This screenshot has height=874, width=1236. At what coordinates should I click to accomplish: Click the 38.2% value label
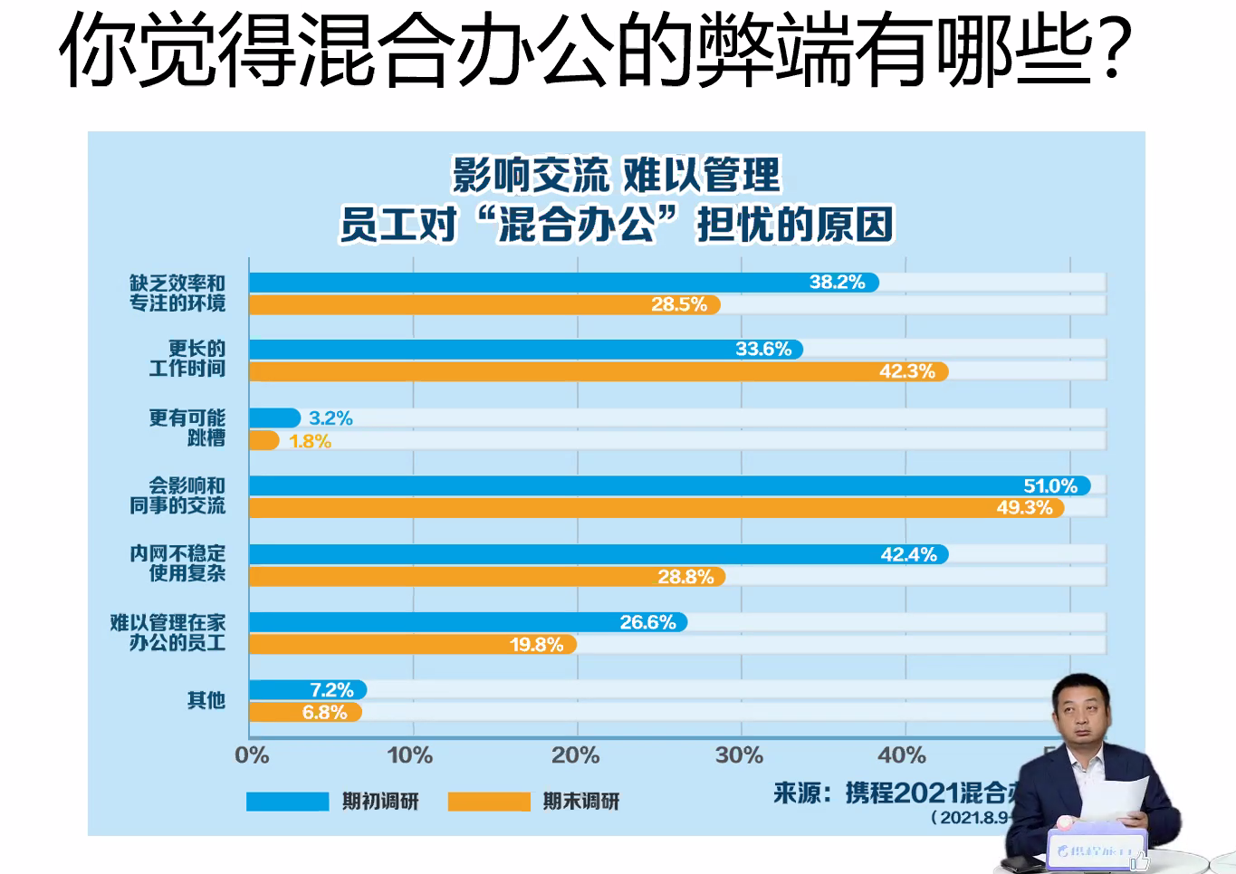(837, 283)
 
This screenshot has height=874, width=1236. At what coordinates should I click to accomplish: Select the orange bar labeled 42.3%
(598, 371)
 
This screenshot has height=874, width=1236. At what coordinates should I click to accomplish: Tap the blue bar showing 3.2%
(273, 418)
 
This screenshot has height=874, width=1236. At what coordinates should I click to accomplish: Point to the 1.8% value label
(310, 442)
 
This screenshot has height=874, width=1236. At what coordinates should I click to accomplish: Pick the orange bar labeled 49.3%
(656, 508)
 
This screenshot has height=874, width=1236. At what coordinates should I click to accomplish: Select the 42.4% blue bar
(598, 554)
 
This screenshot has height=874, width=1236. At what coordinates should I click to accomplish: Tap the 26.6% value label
(647, 622)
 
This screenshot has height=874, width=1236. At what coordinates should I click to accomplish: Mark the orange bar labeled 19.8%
(412, 645)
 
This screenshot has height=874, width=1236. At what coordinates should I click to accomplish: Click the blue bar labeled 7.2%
(307, 690)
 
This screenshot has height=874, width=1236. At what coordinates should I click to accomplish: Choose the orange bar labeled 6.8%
(304, 713)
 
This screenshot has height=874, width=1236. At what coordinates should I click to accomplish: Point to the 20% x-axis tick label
(576, 755)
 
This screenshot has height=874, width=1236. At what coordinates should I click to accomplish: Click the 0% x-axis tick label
(252, 755)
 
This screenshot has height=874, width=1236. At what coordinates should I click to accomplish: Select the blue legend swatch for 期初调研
(287, 802)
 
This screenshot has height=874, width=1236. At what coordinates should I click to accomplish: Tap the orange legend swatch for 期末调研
(489, 802)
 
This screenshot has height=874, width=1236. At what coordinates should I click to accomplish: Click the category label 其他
(206, 700)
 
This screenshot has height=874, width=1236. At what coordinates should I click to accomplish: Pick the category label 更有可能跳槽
(187, 427)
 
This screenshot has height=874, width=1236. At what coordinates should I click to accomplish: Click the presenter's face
(1082, 716)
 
